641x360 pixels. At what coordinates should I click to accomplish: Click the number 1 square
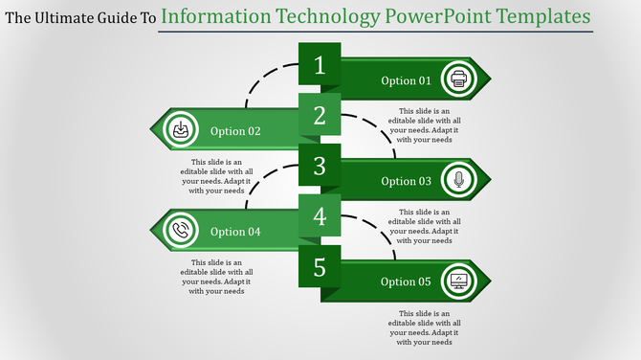click(320, 67)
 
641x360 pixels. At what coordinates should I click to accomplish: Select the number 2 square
click(320, 118)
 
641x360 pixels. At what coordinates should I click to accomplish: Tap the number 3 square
click(320, 168)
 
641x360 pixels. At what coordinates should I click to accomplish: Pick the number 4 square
click(320, 218)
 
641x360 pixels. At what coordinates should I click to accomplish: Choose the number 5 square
click(320, 268)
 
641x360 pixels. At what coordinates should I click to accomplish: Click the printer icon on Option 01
click(459, 79)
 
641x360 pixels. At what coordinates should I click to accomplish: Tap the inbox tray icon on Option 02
click(180, 130)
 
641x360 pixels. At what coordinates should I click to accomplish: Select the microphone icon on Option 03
click(459, 180)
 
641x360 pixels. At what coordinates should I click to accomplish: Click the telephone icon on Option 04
click(180, 231)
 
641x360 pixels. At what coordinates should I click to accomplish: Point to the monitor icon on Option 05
click(459, 281)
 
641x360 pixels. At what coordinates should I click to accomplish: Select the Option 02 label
click(235, 131)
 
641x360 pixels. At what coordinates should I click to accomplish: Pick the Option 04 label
click(235, 232)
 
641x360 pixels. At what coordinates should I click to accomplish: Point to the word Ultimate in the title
click(69, 18)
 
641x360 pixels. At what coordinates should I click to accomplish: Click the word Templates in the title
click(538, 17)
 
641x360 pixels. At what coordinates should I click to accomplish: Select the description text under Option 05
click(424, 327)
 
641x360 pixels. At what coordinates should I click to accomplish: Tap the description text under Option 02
click(211, 176)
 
